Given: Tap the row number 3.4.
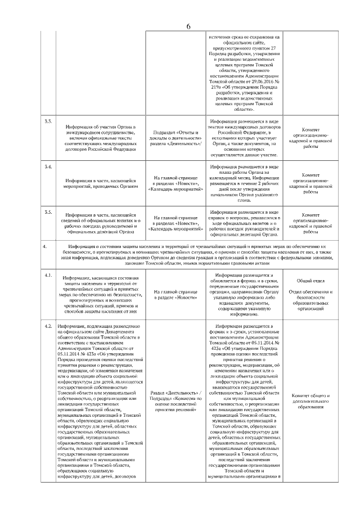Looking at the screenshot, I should [x=49, y=168].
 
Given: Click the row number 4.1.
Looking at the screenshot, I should [x=49, y=274].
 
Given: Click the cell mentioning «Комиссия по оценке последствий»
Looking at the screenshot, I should [x=177, y=404].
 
